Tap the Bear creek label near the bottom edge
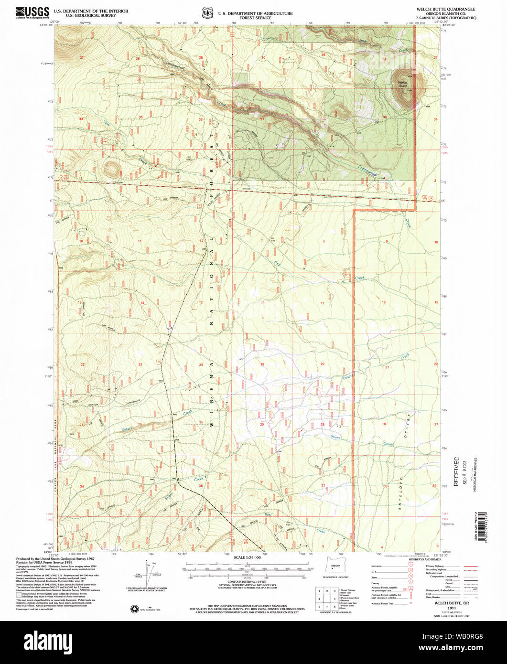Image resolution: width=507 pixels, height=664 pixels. pyautogui.click(x=269, y=515)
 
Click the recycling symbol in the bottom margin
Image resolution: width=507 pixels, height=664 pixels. pyautogui.click(x=134, y=608)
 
